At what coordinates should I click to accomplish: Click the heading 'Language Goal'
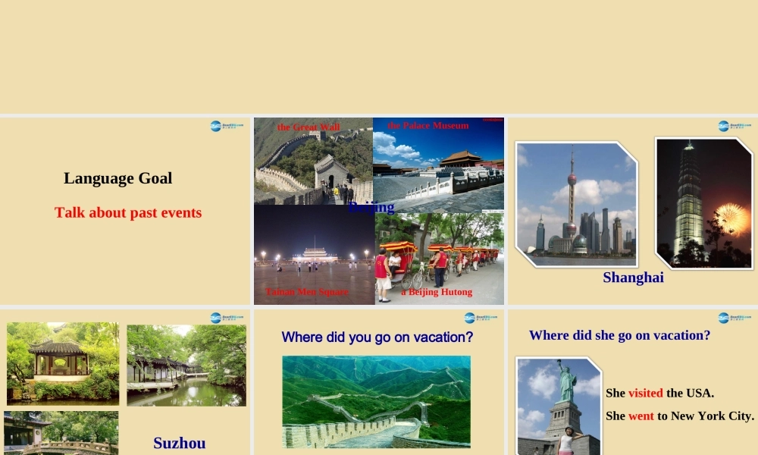click(118, 178)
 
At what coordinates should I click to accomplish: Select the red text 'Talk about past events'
click(128, 212)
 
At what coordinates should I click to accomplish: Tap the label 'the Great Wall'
click(309, 127)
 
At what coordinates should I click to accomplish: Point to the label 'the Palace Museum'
click(428, 126)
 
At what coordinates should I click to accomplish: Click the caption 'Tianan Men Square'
click(307, 292)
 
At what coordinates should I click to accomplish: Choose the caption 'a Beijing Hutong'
click(437, 292)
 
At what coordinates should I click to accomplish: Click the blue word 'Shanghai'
click(633, 278)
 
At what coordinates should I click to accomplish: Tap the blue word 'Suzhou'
click(179, 443)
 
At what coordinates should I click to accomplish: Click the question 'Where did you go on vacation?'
click(377, 337)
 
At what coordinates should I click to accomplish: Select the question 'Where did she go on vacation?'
click(619, 335)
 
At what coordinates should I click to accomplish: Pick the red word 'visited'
click(646, 393)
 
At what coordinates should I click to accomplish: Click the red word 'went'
click(641, 416)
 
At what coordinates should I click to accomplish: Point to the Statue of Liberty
click(566, 383)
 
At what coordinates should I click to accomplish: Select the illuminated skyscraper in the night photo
click(688, 201)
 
